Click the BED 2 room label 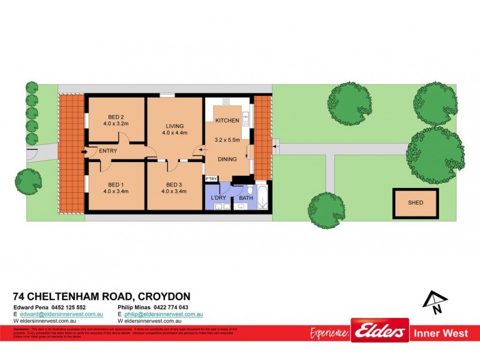pyautogui.click(x=116, y=117)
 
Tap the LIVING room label pyautogui.click(x=175, y=125)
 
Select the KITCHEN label pyautogui.click(x=227, y=121)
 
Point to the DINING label pyautogui.click(x=227, y=159)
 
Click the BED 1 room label pyautogui.click(x=116, y=184)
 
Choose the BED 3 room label pyautogui.click(x=175, y=184)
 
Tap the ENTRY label pyautogui.click(x=108, y=151)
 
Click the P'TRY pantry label pyautogui.click(x=211, y=179)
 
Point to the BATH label pyautogui.click(x=246, y=197)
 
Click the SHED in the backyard pyautogui.click(x=415, y=203)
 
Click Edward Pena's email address pyautogui.click(x=61, y=314)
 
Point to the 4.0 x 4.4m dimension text pyautogui.click(x=175, y=133)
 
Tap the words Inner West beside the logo pyautogui.click(x=441, y=332)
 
